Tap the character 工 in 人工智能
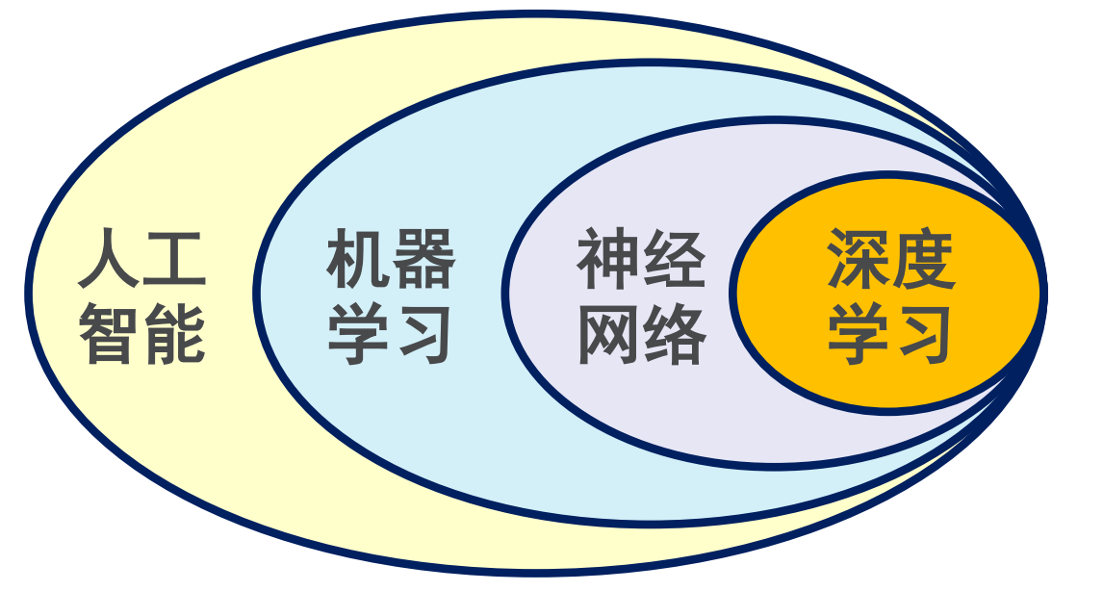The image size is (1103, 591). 174,258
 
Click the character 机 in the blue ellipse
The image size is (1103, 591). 359,258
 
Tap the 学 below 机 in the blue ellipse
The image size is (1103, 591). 359,333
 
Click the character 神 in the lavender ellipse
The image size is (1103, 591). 608,258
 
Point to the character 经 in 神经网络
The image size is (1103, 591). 673,258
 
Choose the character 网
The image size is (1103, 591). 608,333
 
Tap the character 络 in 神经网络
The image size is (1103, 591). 673,333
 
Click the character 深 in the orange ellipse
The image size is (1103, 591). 858,258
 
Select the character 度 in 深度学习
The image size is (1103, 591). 922,258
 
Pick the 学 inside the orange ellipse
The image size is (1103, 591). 858,333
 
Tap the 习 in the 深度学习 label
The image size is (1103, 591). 922,333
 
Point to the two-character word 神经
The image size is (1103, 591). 641,258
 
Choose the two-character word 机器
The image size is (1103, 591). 391,258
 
